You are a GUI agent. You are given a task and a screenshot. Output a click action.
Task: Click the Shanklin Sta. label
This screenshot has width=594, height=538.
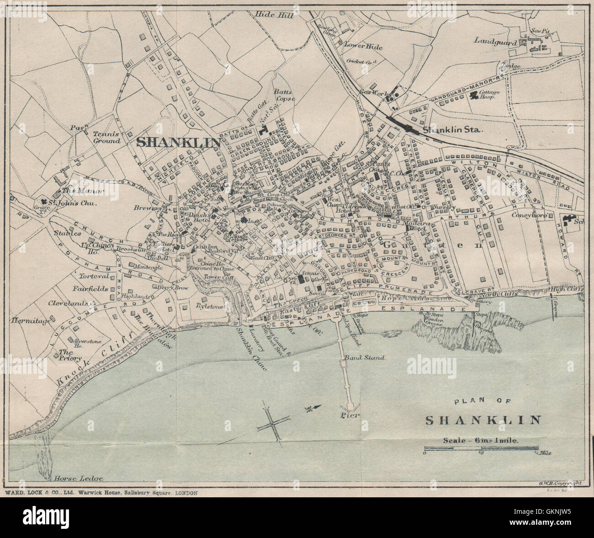point(453,130)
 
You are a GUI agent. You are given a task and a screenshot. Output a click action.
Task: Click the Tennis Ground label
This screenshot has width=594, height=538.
point(106,138)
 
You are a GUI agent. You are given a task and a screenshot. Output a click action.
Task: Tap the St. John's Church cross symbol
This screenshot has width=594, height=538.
point(44,202)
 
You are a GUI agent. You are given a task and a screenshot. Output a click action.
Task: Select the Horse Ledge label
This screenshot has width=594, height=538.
point(76,479)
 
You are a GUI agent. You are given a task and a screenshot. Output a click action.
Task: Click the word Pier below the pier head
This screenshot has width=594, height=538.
point(350,415)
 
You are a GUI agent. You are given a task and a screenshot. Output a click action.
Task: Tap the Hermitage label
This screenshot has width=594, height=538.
point(32,321)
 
